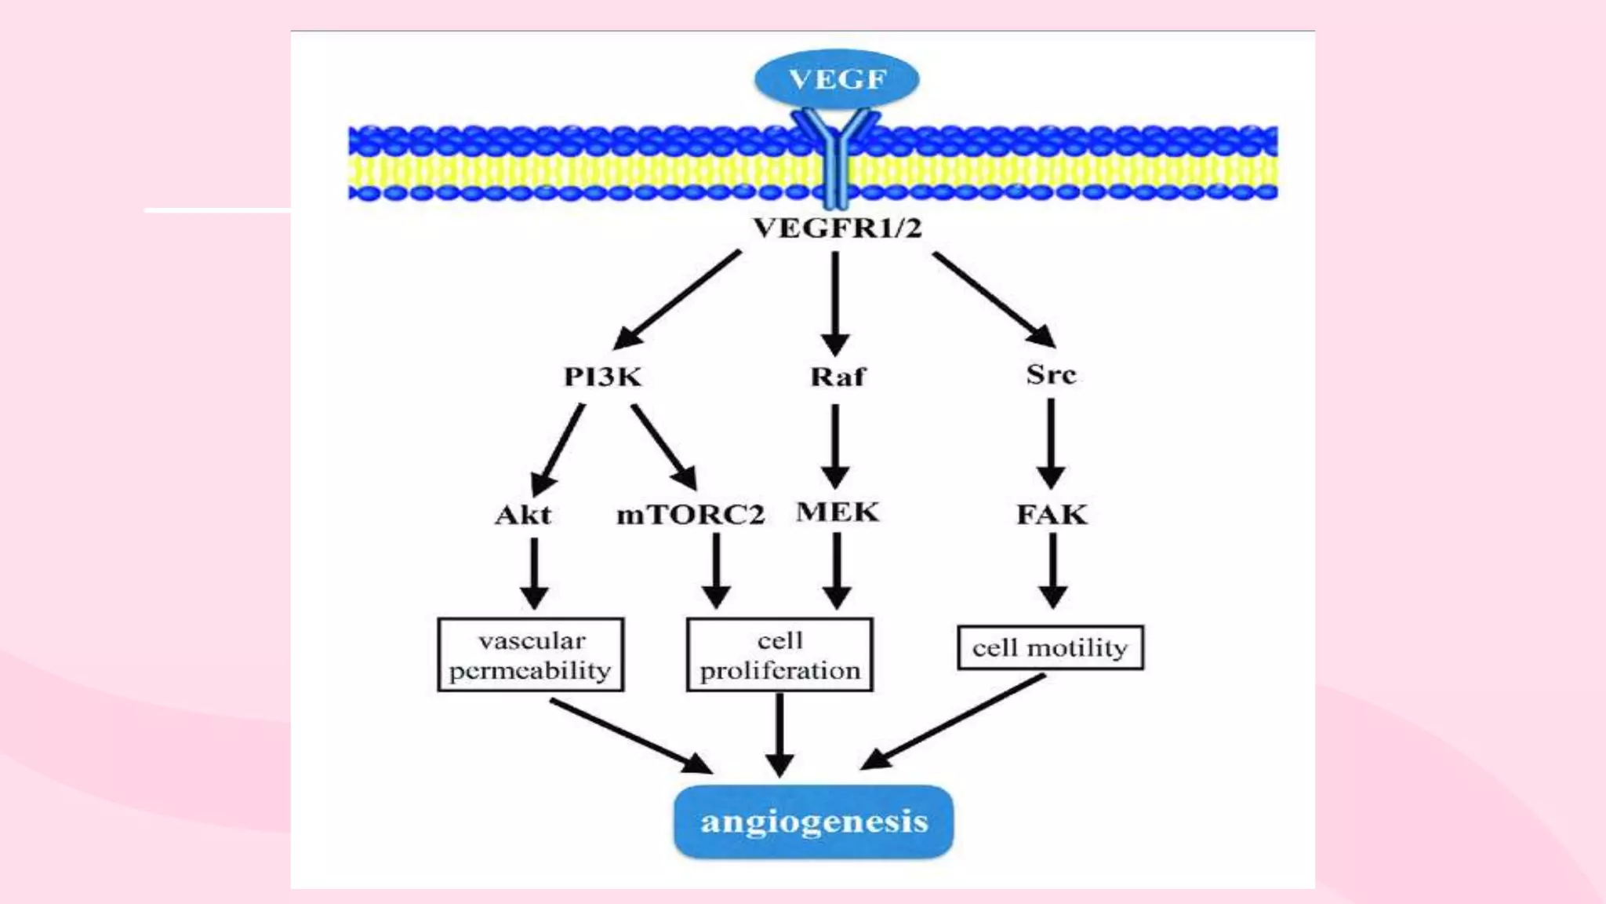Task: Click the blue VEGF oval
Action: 837,78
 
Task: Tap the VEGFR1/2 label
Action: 837,228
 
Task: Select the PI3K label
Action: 602,377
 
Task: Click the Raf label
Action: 838,377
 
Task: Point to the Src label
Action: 1051,374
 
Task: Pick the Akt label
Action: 523,515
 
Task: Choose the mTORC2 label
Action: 690,515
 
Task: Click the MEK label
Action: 838,512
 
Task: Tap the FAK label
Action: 1052,515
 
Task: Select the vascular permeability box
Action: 530,654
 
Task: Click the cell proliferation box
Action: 779,654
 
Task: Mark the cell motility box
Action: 1050,647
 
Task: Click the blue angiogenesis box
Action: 813,822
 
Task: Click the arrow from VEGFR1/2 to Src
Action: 993,298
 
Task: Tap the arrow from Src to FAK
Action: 1051,443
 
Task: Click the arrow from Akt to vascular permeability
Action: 534,573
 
